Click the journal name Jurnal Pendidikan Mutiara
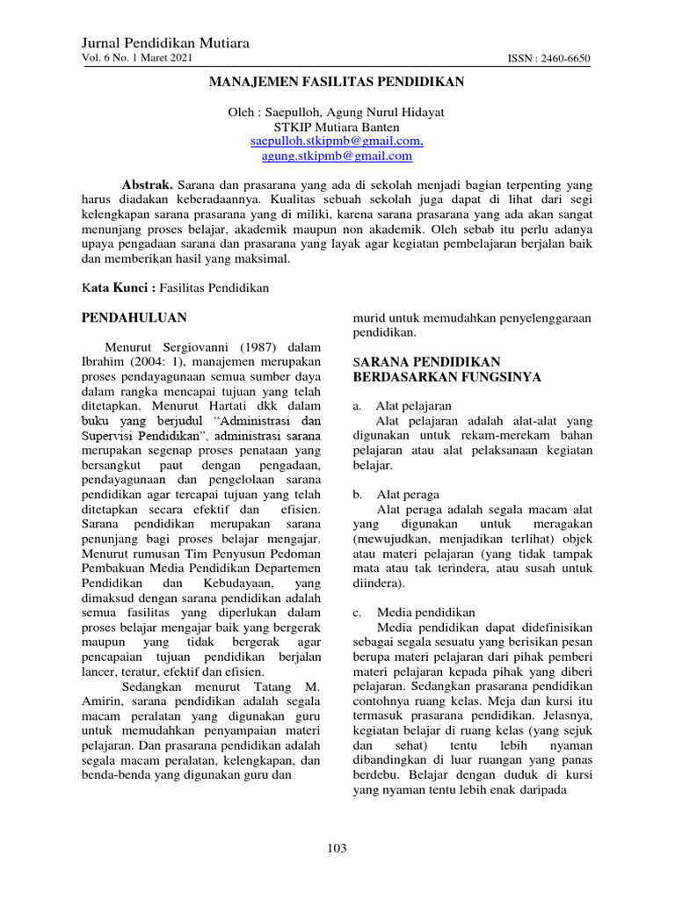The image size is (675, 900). pyautogui.click(x=165, y=43)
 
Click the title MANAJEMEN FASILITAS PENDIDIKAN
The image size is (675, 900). pyautogui.click(x=336, y=82)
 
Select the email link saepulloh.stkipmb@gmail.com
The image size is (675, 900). pyautogui.click(x=337, y=141)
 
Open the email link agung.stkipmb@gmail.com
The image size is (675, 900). pyautogui.click(x=337, y=156)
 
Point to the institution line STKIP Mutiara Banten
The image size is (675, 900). pyautogui.click(x=337, y=127)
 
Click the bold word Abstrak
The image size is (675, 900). pyautogui.click(x=148, y=186)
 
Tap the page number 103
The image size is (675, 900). pyautogui.click(x=337, y=848)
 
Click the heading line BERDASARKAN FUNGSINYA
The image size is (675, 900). pyautogui.click(x=446, y=377)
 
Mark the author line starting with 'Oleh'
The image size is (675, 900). pyautogui.click(x=337, y=112)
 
